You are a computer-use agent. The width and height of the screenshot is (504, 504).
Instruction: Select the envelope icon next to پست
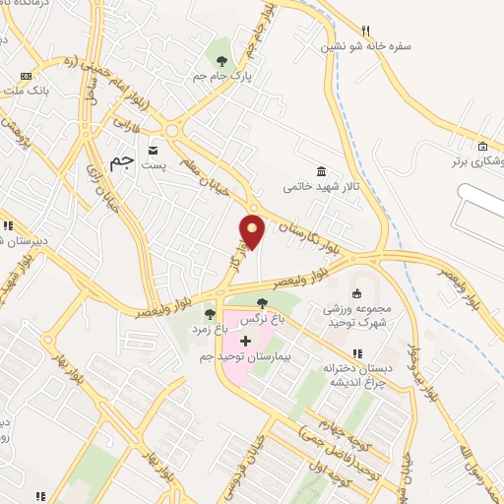pos(154,150)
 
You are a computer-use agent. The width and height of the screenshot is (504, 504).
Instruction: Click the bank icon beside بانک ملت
pos(26,76)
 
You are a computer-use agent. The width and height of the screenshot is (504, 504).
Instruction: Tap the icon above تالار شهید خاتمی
pos(321,168)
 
